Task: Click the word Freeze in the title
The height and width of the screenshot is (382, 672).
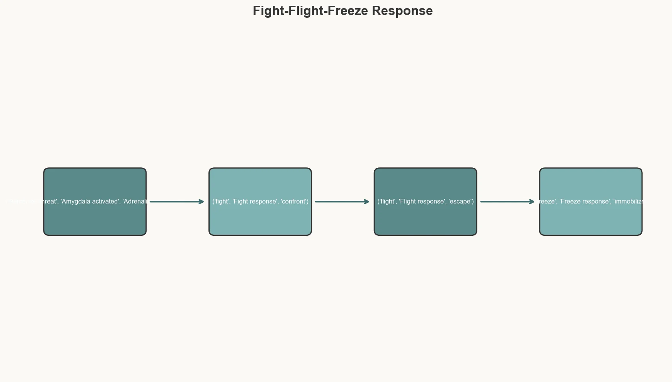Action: point(348,11)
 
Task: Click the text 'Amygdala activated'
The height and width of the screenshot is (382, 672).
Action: point(90,202)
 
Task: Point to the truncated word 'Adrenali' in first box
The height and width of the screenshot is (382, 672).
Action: point(135,202)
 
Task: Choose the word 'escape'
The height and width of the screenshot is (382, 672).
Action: point(460,202)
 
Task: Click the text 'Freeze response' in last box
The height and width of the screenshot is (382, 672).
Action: point(584,202)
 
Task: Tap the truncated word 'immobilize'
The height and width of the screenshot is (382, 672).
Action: point(629,202)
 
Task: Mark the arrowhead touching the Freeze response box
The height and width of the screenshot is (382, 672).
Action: point(532,202)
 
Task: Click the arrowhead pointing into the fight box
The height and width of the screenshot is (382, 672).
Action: point(202,202)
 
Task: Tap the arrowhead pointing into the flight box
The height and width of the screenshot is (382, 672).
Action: point(367,202)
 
